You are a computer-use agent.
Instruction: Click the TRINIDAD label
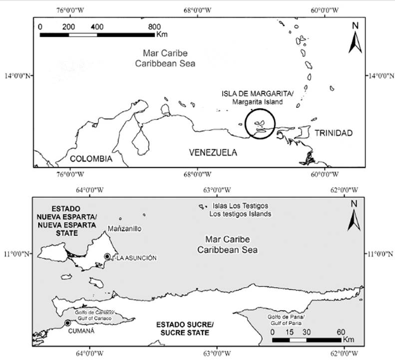point(334,133)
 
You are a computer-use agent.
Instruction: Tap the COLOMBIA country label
point(91,159)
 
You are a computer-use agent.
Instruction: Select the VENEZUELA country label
point(213,152)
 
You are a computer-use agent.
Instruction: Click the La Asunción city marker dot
point(107,257)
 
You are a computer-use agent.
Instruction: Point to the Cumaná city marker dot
point(67,323)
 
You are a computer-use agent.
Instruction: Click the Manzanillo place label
point(124,229)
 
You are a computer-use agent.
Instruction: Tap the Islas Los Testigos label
point(240,206)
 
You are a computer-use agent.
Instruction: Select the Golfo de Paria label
point(286,317)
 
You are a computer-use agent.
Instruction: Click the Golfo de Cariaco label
point(94,313)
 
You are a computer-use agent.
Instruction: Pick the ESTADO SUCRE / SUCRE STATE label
point(185,329)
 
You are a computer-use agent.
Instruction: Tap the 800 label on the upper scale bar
point(154,26)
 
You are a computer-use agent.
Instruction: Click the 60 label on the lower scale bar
point(341,332)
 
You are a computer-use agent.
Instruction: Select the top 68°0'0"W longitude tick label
point(198,10)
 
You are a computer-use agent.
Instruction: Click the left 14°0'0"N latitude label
point(17,75)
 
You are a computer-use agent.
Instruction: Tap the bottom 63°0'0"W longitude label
point(217,354)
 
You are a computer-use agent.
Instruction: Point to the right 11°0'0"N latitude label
point(380,254)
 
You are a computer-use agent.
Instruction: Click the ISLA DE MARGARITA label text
point(258,94)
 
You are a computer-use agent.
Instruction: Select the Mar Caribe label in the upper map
point(165,53)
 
